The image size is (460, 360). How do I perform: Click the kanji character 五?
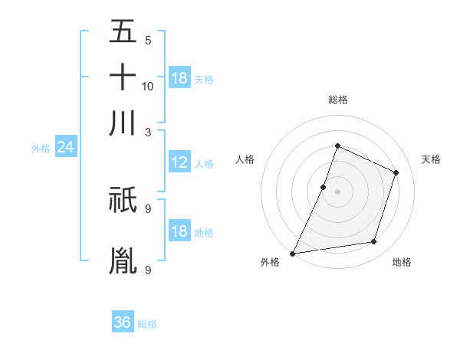123,33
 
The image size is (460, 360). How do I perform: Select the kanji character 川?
123,122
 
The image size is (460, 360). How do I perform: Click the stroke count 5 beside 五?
147,41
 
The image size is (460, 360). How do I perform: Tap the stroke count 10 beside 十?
148,86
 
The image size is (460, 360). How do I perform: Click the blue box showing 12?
179,162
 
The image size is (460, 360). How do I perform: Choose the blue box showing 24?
65,148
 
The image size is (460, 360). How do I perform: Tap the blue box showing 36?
123,322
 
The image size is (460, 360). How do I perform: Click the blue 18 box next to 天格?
179,78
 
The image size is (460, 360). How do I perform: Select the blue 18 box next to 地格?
179,231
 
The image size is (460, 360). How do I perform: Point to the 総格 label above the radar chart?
337,100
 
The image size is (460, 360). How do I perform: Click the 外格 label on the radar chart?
270,263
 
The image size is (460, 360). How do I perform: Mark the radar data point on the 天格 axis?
396,172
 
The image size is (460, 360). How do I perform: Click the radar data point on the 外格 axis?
292,253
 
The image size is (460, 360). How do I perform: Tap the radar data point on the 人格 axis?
324,187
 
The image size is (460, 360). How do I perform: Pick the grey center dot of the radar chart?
337,191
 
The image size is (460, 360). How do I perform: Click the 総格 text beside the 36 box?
147,324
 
